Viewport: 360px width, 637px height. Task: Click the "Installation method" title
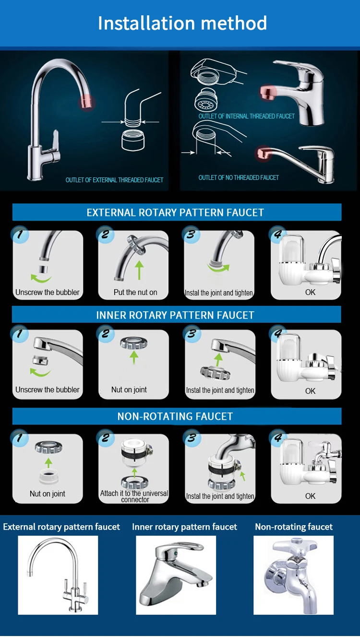(x=182, y=23)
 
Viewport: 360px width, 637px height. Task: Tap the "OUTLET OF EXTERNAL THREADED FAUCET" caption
(x=114, y=180)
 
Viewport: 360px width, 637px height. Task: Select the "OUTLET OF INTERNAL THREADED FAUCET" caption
(x=246, y=116)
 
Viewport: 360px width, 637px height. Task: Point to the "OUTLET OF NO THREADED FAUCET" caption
(x=239, y=177)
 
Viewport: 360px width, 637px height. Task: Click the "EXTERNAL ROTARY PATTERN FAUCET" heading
(x=175, y=212)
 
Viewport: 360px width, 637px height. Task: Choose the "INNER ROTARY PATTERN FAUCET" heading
(x=175, y=315)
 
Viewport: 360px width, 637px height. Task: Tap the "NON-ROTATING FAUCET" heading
(x=175, y=416)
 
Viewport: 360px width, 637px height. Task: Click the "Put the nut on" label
(x=135, y=292)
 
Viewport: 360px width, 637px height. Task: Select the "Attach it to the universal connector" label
(x=134, y=496)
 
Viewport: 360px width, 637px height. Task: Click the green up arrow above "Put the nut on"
(x=139, y=270)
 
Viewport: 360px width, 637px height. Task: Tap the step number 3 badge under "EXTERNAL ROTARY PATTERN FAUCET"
(x=191, y=235)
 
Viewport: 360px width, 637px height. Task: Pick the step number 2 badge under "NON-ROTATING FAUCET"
(x=105, y=437)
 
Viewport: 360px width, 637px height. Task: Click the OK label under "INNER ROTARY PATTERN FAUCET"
(x=310, y=391)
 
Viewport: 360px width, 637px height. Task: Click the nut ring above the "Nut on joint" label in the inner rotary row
(x=134, y=343)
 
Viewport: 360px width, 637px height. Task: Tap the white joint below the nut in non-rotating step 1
(x=48, y=477)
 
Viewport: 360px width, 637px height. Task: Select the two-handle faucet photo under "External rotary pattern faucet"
(x=58, y=575)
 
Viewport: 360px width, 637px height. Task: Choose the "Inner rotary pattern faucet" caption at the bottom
(x=184, y=527)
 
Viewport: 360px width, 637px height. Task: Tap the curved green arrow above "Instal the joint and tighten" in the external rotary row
(x=218, y=268)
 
